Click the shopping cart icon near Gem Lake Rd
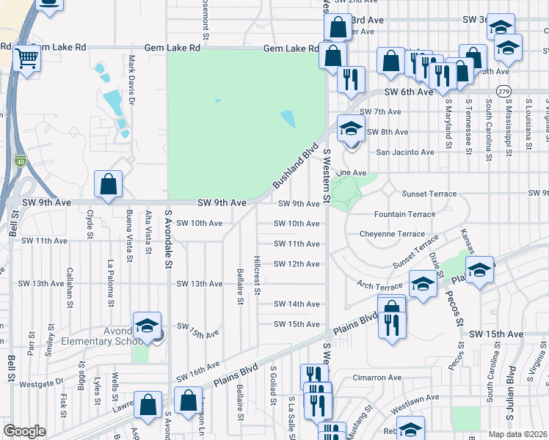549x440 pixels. click(27, 58)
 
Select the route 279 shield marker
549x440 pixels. click(503, 91)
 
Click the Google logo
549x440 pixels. click(24, 431)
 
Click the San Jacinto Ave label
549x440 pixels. click(405, 153)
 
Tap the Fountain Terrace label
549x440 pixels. click(404, 214)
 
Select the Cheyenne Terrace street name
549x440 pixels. click(392, 234)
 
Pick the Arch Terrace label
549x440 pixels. click(380, 286)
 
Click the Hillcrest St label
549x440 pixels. click(257, 275)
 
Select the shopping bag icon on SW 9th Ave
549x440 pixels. click(109, 185)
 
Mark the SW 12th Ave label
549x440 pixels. click(297, 264)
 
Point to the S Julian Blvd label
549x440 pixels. click(508, 386)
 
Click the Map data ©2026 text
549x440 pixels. click(517, 434)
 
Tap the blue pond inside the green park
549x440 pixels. click(287, 119)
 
